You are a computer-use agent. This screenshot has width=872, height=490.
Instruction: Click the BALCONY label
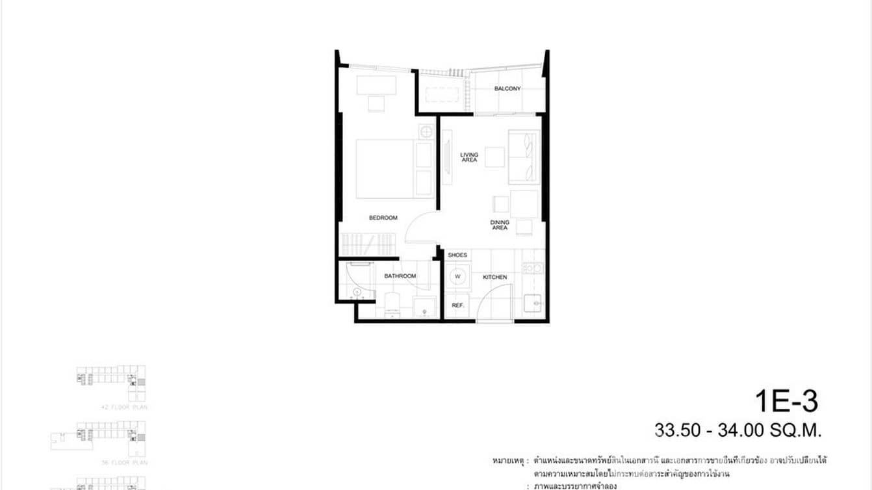[507, 88]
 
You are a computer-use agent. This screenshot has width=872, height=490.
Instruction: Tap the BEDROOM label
[383, 218]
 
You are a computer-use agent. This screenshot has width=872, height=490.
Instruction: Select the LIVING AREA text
[469, 157]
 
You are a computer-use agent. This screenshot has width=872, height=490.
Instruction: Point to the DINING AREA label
[500, 225]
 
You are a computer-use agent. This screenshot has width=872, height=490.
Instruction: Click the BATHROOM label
[400, 276]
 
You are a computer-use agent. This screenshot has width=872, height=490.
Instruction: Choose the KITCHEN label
[494, 277]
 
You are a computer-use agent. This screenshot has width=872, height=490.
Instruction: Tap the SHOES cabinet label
[457, 255]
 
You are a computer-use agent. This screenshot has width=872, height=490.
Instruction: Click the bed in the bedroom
[385, 168]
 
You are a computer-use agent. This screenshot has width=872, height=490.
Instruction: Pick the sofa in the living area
[524, 156]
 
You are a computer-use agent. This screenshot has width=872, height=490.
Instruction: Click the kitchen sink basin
[533, 303]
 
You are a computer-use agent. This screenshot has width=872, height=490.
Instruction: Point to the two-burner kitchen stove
[533, 267]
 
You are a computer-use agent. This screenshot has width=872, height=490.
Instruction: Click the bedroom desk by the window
[376, 86]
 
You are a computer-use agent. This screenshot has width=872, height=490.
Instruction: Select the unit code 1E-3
[786, 401]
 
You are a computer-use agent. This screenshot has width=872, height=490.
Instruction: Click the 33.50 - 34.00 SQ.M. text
[739, 430]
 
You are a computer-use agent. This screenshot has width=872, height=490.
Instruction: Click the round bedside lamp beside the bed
[426, 132]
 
